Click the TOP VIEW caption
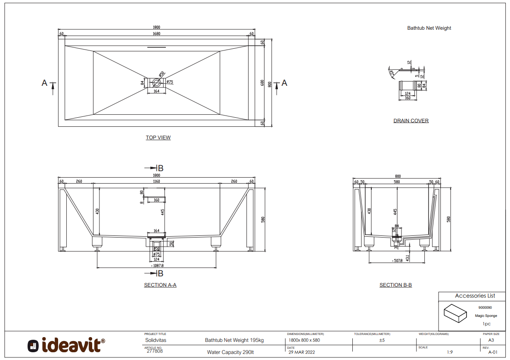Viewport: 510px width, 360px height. click(x=158, y=138)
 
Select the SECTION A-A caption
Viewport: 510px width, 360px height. click(x=160, y=285)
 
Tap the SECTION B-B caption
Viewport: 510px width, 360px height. click(x=395, y=285)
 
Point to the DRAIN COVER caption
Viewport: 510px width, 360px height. click(x=411, y=121)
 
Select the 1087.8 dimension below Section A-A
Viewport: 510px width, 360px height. click(x=157, y=266)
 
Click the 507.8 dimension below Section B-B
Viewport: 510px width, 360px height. click(x=397, y=261)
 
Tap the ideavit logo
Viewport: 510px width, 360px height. click(x=66, y=345)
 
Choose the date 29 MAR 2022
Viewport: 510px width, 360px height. click(x=302, y=352)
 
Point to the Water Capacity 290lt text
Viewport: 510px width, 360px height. click(x=230, y=352)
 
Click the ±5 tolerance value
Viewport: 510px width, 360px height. click(x=382, y=340)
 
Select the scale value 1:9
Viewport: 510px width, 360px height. click(x=450, y=352)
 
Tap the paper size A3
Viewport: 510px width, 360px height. click(x=491, y=340)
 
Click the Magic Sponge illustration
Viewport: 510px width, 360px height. click(x=455, y=313)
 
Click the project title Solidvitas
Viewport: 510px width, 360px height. click(x=155, y=340)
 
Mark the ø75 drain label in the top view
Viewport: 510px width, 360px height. click(x=170, y=82)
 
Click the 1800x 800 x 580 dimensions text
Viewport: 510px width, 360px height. click(x=304, y=340)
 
